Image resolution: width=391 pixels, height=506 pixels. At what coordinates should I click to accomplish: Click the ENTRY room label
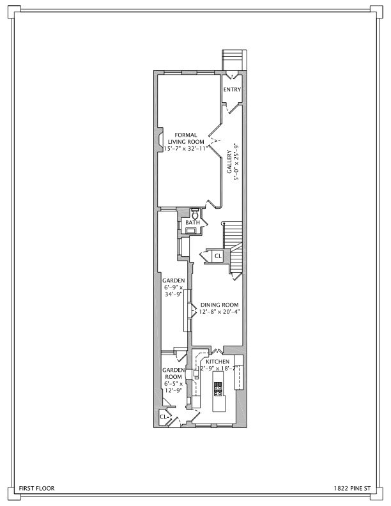(232, 89)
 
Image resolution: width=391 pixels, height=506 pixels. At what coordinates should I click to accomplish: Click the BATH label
(192, 222)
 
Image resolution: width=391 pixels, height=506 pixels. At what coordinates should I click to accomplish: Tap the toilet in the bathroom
(195, 213)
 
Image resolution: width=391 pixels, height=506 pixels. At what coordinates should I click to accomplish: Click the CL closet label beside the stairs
(217, 256)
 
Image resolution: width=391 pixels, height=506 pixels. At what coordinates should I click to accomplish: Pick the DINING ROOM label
(219, 305)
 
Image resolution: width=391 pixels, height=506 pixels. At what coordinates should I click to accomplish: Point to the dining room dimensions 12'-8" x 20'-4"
(219, 312)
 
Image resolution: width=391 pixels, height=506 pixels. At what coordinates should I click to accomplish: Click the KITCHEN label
(218, 362)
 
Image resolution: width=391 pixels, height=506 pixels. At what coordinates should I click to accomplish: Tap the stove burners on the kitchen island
(218, 389)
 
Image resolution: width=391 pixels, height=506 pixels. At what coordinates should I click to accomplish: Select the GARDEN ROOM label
(172, 374)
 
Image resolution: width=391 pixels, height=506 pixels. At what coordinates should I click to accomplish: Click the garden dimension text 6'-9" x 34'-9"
(172, 291)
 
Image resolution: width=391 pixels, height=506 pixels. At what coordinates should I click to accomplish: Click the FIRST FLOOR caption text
(36, 488)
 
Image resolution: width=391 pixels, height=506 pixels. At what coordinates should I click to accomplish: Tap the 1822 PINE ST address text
(351, 488)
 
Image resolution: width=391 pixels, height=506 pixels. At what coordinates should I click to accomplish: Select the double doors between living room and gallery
(217, 139)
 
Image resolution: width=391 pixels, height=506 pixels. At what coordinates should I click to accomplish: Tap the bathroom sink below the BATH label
(192, 231)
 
